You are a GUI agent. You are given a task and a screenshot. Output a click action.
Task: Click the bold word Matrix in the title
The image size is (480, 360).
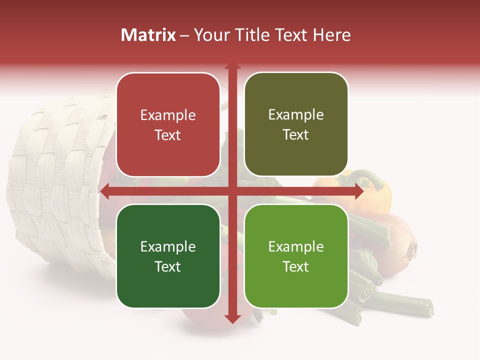(148, 35)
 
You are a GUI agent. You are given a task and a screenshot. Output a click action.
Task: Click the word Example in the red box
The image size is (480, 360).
(168, 115)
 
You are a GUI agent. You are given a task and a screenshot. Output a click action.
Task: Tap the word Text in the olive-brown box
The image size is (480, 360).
(296, 135)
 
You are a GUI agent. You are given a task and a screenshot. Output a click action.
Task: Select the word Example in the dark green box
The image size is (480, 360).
(168, 246)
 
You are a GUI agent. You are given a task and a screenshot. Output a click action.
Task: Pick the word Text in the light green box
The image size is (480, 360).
(296, 266)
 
